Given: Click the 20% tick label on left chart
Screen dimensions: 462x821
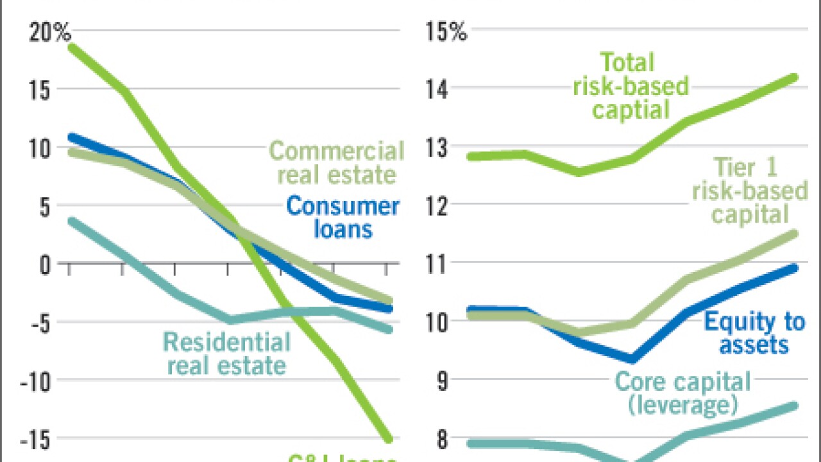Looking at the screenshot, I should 49,33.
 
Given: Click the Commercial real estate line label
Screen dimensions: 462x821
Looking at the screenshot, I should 337,163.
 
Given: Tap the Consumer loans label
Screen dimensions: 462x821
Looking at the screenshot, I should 343,218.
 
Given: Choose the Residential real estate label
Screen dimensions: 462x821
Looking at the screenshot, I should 226,354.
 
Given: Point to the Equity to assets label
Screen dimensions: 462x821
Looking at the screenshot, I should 754,333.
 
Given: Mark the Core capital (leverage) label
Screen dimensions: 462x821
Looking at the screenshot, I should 682,393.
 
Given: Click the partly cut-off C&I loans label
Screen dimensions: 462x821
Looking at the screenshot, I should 342,457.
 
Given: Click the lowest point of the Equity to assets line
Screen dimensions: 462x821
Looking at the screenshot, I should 632,359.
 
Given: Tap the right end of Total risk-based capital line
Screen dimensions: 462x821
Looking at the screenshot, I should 795,78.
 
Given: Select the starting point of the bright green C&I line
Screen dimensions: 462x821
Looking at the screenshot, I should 69,46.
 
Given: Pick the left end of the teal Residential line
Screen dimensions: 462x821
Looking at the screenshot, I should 69,221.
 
